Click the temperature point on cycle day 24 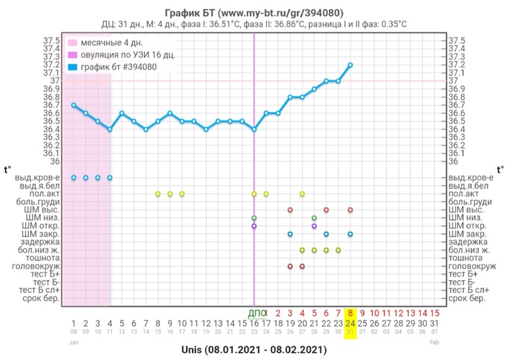point(350,65)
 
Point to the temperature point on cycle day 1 point(74,105)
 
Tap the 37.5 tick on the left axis point(51,41)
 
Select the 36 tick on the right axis point(454,161)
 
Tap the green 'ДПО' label point(255,313)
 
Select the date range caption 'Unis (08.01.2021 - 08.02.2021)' point(254,349)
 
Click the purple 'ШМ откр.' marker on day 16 point(254,225)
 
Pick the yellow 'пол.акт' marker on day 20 point(302,194)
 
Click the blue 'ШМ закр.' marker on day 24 point(350,234)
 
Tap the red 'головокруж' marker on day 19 point(290,266)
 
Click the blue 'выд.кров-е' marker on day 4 point(110,178)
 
